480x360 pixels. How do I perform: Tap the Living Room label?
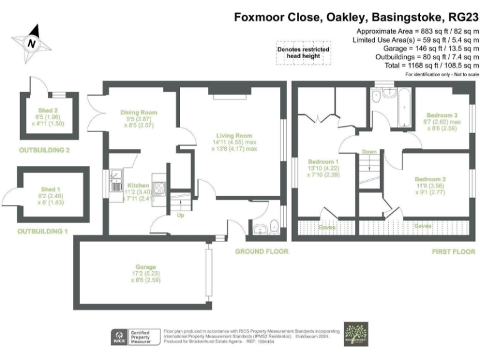234,136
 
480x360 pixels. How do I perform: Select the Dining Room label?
139,113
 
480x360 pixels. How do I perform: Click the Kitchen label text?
138,186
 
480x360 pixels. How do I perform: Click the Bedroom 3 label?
442,116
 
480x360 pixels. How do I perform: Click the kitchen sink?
117,181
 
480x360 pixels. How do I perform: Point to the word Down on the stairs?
369,152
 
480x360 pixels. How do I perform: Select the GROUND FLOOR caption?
261,251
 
